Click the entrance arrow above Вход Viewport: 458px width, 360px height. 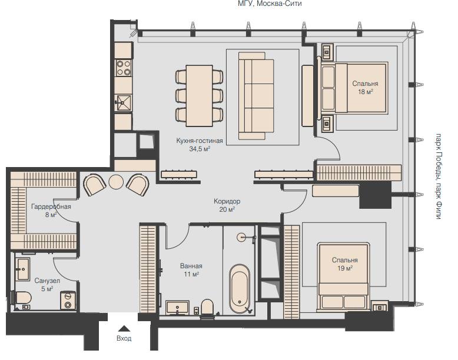[x=124, y=328]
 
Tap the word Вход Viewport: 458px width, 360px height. [x=124, y=338]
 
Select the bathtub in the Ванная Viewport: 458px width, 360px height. [x=240, y=289]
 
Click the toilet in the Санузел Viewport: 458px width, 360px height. [x=21, y=298]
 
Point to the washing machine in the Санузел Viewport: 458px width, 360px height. [x=68, y=301]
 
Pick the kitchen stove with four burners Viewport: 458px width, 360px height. [x=123, y=68]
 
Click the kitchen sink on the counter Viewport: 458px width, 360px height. [x=124, y=102]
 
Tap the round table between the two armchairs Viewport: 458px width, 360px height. [x=116, y=182]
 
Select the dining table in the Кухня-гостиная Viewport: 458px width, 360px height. [x=199, y=96]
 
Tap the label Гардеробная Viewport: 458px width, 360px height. [x=51, y=206]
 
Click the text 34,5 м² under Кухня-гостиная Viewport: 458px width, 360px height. [x=200, y=149]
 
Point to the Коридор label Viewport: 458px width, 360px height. [x=227, y=201]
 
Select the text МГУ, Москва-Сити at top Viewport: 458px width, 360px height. [x=270, y=4]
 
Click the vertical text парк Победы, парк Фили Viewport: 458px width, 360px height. [x=439, y=176]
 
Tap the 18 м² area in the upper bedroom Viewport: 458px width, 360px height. [x=366, y=92]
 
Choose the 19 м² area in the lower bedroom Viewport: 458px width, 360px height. [x=345, y=268]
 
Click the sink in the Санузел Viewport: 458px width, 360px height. [x=22, y=269]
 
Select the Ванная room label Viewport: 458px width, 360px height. [x=191, y=266]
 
